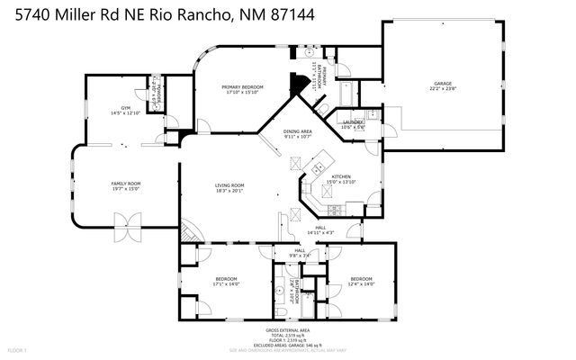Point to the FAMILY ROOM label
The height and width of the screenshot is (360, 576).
pos(125,185)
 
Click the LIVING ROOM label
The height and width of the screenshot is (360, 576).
pos(229,187)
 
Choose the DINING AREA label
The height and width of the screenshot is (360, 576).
pos(297,134)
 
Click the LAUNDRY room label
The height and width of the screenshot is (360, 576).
pos(353,123)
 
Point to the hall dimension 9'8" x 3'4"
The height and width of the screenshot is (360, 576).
pos(299,254)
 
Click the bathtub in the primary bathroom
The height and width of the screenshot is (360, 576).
pos(345,93)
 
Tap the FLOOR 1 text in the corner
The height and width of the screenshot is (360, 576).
pos(18,349)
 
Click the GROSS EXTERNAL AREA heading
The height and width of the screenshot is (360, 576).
pos(288,330)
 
